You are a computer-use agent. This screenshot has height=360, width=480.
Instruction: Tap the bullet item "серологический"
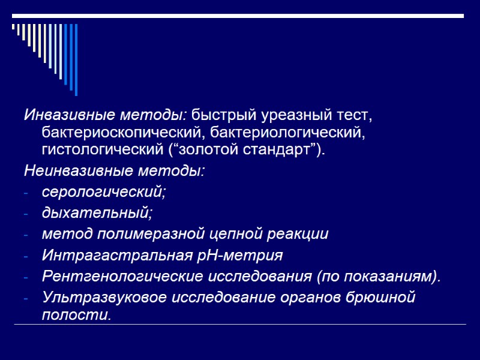click(103, 193)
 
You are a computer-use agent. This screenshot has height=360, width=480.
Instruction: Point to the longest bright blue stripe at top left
click(76, 59)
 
